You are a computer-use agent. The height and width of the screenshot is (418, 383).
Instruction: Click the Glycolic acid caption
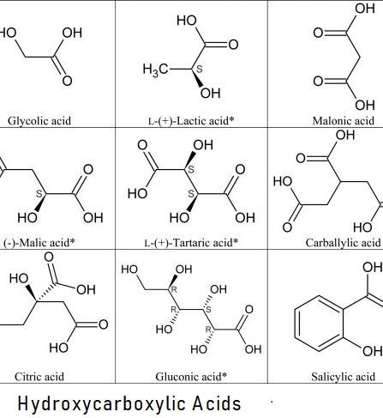(x=39, y=121)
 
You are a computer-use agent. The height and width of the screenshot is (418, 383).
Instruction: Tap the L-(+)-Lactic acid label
(x=191, y=121)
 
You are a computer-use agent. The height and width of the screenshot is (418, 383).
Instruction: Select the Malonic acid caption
(x=344, y=121)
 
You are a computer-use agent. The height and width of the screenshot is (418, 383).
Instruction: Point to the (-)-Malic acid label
(x=39, y=243)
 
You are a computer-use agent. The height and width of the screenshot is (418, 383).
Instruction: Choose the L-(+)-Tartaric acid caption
(x=191, y=243)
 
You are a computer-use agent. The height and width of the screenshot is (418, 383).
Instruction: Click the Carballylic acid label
(x=344, y=243)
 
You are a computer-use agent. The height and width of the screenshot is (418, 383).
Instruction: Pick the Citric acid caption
(x=39, y=377)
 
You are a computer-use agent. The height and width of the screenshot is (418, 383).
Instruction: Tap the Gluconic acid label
(x=191, y=377)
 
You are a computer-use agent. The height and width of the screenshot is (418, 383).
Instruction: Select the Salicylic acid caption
(x=344, y=377)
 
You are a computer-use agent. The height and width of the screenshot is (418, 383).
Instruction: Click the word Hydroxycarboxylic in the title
(x=101, y=404)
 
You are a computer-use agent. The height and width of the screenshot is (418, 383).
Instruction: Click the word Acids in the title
(x=217, y=403)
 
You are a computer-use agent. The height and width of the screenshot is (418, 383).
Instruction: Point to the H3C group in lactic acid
(x=155, y=70)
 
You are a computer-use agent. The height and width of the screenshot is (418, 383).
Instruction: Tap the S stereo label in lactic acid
(x=200, y=69)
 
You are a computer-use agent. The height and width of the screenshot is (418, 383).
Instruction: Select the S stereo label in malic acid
(x=39, y=194)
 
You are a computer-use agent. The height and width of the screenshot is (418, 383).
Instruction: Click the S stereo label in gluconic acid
(x=208, y=310)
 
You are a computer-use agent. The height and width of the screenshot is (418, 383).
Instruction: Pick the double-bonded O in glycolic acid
(x=67, y=81)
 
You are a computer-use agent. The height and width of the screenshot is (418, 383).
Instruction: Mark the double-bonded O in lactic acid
(x=233, y=45)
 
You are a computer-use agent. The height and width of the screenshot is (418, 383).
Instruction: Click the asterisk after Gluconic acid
(x=224, y=374)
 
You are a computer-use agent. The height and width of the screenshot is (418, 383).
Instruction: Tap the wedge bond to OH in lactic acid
(x=198, y=78)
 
